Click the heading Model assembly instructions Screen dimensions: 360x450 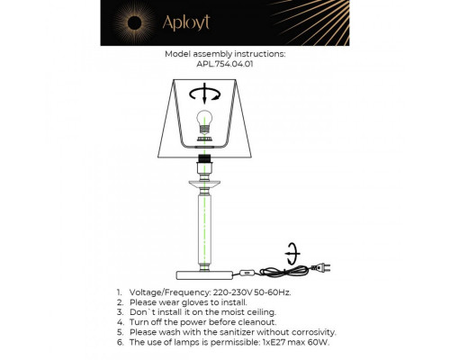(x=225, y=54)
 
